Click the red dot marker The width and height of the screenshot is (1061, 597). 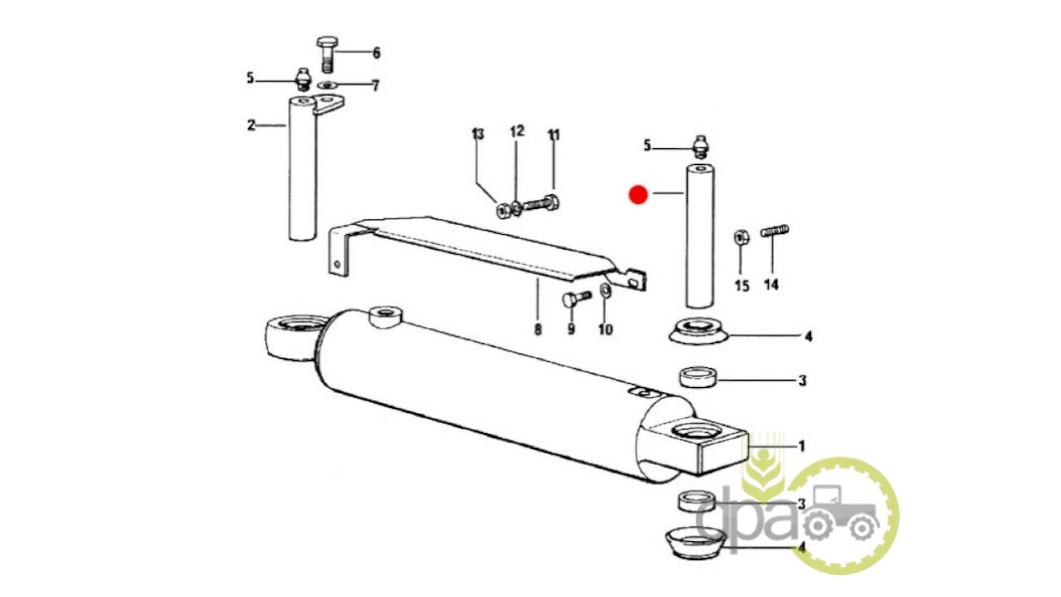click(638, 195)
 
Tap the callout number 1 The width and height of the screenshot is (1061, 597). click(802, 446)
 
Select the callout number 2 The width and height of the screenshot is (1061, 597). click(251, 125)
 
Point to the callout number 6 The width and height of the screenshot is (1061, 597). click(376, 53)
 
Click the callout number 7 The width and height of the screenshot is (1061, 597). click(376, 86)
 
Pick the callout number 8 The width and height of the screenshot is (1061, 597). click(538, 329)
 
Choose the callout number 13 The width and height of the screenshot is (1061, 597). click(477, 134)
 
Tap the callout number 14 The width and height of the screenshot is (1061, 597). click(771, 285)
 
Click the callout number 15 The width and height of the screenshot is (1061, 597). click(742, 286)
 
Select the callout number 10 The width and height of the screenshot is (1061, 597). click(606, 330)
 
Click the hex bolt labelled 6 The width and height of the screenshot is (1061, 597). click(327, 54)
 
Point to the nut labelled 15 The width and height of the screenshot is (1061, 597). click(742, 238)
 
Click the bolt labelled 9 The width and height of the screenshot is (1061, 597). click(576, 298)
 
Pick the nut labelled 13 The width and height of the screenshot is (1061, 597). click(503, 211)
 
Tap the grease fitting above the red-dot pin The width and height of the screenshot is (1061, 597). click(701, 146)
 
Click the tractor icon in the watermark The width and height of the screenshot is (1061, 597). click(839, 512)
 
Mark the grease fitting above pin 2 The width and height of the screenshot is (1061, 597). click(303, 79)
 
